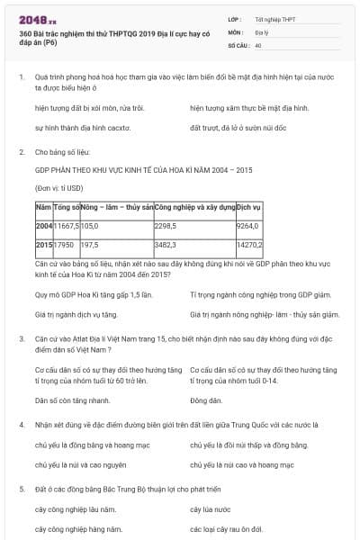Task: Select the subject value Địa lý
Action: pyautogui.click(x=262, y=31)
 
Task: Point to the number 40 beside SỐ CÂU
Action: pyautogui.click(x=258, y=44)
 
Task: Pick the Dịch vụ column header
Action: pyautogui.click(x=248, y=207)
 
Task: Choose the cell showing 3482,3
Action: pyautogui.click(x=168, y=244)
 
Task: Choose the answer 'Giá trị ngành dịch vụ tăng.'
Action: pyautogui.click(x=76, y=315)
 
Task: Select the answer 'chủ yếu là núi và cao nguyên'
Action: pyautogui.click(x=80, y=464)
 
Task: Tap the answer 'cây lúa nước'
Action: pyautogui.click(x=211, y=508)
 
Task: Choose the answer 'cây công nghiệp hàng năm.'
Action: pyautogui.click(x=78, y=529)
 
